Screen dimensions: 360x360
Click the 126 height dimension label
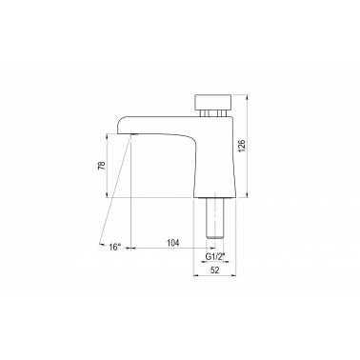tap(242, 146)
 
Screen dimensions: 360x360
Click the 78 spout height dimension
tap(101, 166)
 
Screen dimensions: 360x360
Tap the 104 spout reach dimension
tap(173, 243)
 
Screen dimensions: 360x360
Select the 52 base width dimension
tap(215, 270)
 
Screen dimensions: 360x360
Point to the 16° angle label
tap(114, 247)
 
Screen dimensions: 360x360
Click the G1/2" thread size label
tap(215, 256)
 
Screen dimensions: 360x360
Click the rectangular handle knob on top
tap(213, 101)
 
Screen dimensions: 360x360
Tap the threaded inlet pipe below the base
tap(215, 217)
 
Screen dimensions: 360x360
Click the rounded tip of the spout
tap(120, 126)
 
